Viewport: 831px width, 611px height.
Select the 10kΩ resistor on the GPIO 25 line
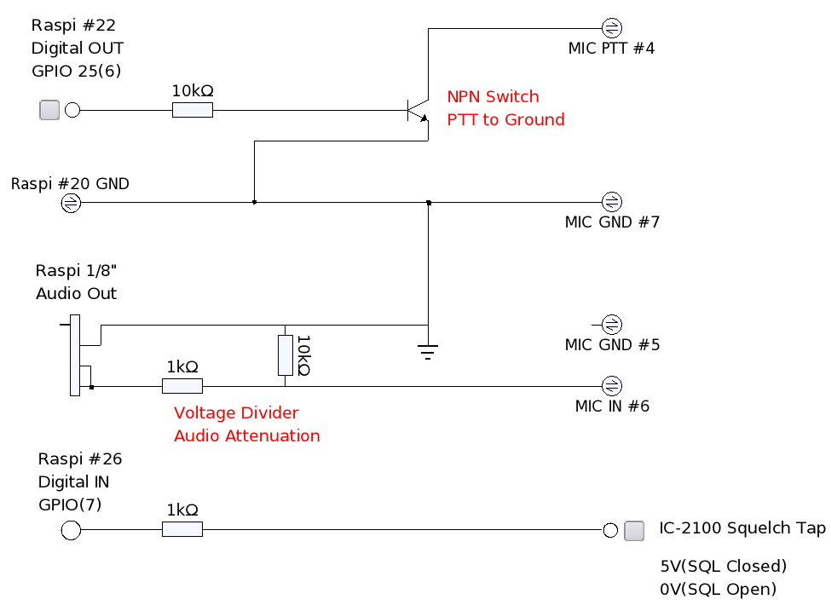click(193, 110)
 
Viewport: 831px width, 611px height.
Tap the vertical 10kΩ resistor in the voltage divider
click(286, 355)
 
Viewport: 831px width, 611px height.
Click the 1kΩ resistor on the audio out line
click(182, 386)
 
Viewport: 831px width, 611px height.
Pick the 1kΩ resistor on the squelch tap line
click(182, 530)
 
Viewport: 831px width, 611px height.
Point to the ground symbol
click(429, 349)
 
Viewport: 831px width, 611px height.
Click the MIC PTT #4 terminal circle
click(611, 26)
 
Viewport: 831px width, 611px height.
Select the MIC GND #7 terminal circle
click(611, 202)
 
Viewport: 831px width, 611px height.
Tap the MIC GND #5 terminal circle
click(611, 325)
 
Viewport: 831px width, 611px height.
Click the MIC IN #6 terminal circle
click(611, 385)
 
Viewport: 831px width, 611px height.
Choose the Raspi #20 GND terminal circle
click(71, 203)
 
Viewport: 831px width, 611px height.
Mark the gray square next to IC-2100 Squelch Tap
click(634, 530)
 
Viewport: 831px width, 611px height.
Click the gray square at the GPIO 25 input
click(50, 110)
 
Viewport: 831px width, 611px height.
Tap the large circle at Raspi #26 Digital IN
click(71, 530)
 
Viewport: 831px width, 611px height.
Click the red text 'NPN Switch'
click(493, 97)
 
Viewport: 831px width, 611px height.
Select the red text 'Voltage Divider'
click(236, 413)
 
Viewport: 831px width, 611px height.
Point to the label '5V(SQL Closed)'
click(723, 566)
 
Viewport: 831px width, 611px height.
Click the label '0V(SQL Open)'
click(718, 589)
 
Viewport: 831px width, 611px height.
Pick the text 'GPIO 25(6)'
click(76, 71)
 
